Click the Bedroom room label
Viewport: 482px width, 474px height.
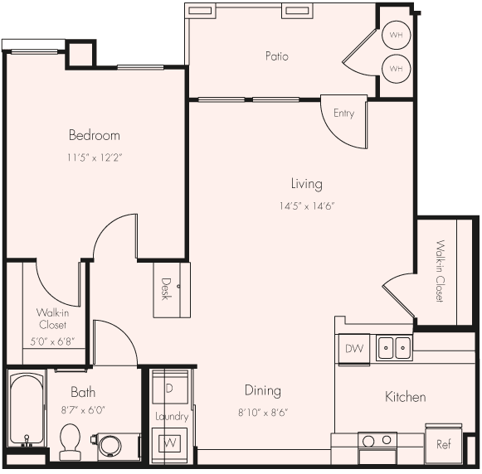(94, 135)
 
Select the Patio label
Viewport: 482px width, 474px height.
(277, 56)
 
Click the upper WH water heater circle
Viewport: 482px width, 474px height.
(396, 36)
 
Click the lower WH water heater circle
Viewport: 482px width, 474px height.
(396, 68)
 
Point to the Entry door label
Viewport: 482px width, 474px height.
(343, 114)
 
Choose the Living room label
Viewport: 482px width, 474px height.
(306, 184)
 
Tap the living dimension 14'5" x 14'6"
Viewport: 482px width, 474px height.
(306, 206)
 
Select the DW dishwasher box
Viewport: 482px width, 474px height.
(353, 349)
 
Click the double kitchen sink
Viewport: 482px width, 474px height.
(394, 348)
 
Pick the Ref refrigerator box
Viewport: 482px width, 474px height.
(443, 444)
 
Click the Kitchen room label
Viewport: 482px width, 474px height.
(405, 397)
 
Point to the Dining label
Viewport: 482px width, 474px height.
(262, 390)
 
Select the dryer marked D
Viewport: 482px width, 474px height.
(171, 388)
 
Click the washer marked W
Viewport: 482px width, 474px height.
(171, 442)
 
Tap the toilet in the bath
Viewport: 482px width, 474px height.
(71, 441)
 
